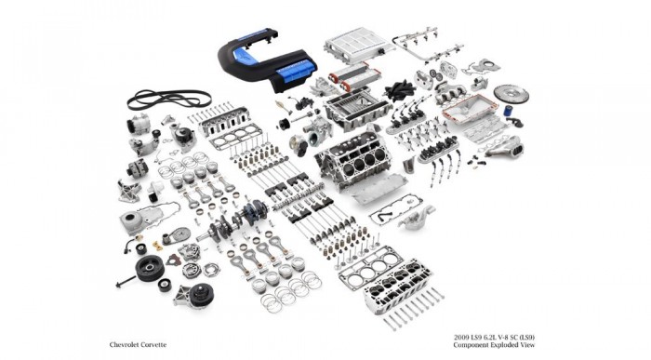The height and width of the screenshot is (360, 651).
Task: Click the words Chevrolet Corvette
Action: tap(138, 344)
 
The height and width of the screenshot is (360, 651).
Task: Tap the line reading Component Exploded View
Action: tap(494, 345)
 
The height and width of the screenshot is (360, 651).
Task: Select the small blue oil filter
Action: tap(508, 111)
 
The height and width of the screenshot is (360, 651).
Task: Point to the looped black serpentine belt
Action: tap(169, 99)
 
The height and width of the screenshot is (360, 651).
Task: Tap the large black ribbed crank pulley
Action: tap(150, 268)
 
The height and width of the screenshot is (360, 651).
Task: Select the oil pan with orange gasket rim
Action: tap(470, 108)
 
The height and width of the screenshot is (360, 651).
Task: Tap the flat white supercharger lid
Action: tap(359, 45)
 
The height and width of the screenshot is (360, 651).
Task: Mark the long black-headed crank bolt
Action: tap(126, 282)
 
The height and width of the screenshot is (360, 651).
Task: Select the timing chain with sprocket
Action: tap(177, 236)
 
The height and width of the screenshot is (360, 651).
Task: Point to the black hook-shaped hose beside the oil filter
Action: tap(514, 122)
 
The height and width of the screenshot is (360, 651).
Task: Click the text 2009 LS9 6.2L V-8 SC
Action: tap(494, 338)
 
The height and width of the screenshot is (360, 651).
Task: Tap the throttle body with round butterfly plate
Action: tap(299, 145)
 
